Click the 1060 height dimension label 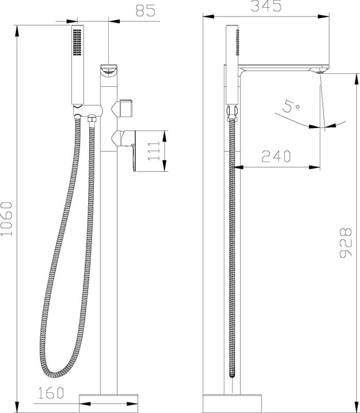pos(6,218)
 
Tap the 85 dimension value pos(145,10)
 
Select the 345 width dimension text pos(266,6)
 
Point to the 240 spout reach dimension pos(276,156)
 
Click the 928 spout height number pos(345,243)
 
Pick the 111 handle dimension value pos(154,151)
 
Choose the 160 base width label pos(51,393)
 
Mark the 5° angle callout pos(290,106)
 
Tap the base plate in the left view pos(108,403)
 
